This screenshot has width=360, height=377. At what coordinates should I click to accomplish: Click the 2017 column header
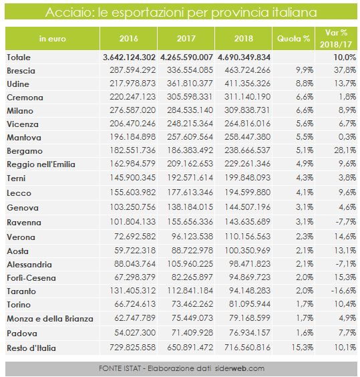click(x=186, y=39)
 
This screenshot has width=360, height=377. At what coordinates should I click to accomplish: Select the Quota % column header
click(x=293, y=39)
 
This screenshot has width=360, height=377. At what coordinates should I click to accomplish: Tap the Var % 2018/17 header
click(x=336, y=39)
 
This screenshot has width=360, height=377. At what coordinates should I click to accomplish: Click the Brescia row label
click(x=21, y=71)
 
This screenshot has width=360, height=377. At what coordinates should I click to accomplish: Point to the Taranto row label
click(x=21, y=291)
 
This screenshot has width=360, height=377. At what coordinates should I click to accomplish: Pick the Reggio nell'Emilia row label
click(x=41, y=164)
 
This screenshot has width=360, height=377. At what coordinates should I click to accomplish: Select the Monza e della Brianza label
click(x=50, y=319)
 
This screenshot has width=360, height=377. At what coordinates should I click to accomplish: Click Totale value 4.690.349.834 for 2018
click(x=244, y=57)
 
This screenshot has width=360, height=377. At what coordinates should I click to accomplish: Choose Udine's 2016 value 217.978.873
click(x=133, y=84)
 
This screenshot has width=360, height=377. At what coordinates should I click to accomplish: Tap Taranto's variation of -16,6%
click(x=343, y=291)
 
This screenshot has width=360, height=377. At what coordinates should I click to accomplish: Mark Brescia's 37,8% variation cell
click(x=345, y=70)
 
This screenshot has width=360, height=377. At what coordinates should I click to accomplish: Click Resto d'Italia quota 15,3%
click(x=303, y=348)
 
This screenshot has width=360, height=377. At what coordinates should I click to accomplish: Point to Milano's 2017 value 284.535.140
click(x=190, y=110)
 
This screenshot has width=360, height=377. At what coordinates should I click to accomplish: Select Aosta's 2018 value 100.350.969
click(x=247, y=251)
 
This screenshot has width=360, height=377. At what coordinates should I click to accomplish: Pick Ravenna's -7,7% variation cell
click(x=345, y=222)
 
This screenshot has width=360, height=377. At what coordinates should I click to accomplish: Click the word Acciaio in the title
click(x=67, y=12)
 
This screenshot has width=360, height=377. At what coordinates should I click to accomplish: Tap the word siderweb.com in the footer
click(x=239, y=368)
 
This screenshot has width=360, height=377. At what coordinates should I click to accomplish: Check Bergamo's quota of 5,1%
click(x=305, y=150)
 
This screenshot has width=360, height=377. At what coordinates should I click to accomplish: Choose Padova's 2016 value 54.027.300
click(x=135, y=333)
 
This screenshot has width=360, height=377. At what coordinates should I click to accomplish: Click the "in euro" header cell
click(x=52, y=39)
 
